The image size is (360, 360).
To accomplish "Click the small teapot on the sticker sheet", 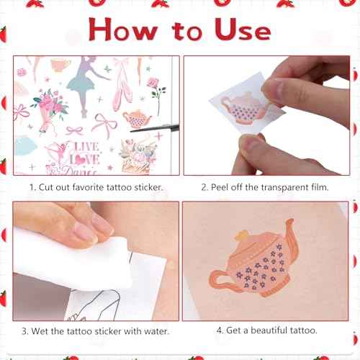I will click(x=136, y=119).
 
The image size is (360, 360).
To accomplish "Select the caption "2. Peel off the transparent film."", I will click(x=266, y=187).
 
